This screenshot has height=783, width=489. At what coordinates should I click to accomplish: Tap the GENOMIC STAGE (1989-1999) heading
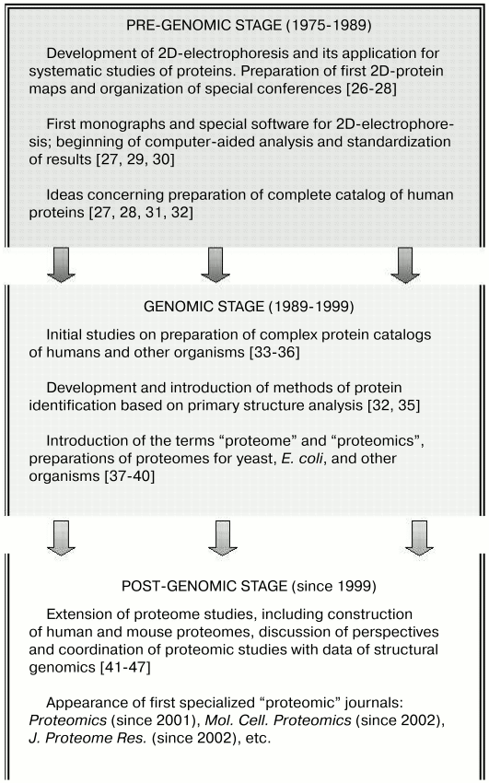coord(244,304)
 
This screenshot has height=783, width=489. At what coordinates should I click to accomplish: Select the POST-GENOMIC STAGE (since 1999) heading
coord(243,584)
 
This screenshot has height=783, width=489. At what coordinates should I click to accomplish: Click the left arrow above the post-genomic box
coord(60,538)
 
